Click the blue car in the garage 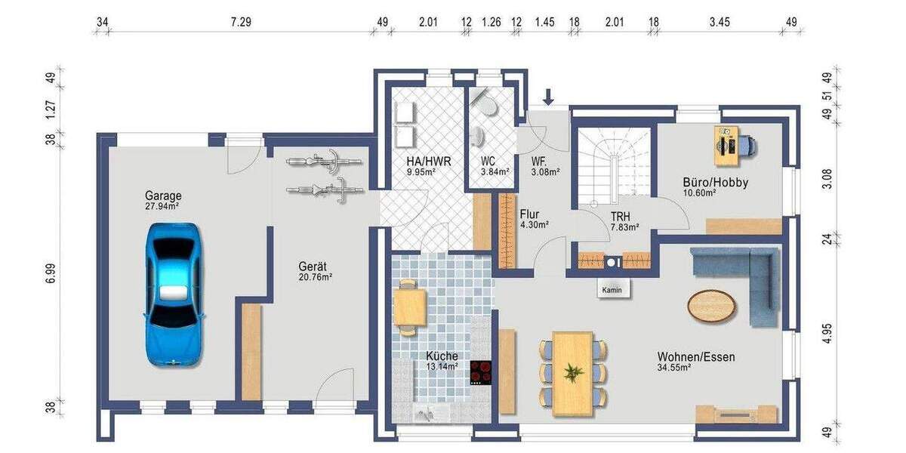(x=173, y=294)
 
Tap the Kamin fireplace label (x=612, y=291)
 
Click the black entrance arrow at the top (x=549, y=97)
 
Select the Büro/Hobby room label (x=715, y=182)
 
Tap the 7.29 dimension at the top (x=241, y=22)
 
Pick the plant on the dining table (x=573, y=372)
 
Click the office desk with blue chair (x=730, y=144)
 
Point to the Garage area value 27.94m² (x=162, y=205)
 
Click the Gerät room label (x=313, y=267)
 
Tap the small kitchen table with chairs (x=409, y=307)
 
